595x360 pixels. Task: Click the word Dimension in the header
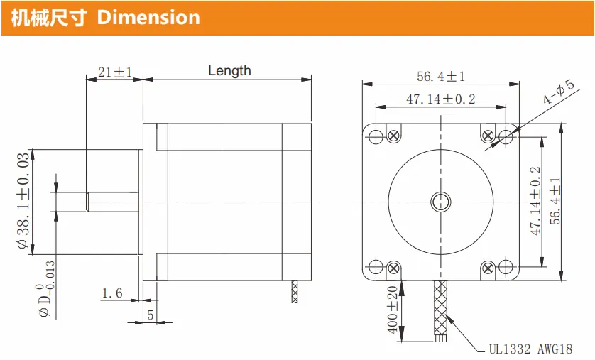coord(148,18)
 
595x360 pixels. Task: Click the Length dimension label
coord(229,70)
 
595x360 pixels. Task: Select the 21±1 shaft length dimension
coord(114,72)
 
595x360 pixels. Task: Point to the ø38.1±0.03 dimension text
coord(23,200)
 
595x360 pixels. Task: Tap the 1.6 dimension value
coord(112,293)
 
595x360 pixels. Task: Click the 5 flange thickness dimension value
coord(151,315)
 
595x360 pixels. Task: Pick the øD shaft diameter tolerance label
coord(45,289)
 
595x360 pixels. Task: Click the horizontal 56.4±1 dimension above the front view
coord(440,76)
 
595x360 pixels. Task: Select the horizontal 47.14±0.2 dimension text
coord(440,99)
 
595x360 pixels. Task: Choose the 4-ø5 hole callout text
coord(558,92)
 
